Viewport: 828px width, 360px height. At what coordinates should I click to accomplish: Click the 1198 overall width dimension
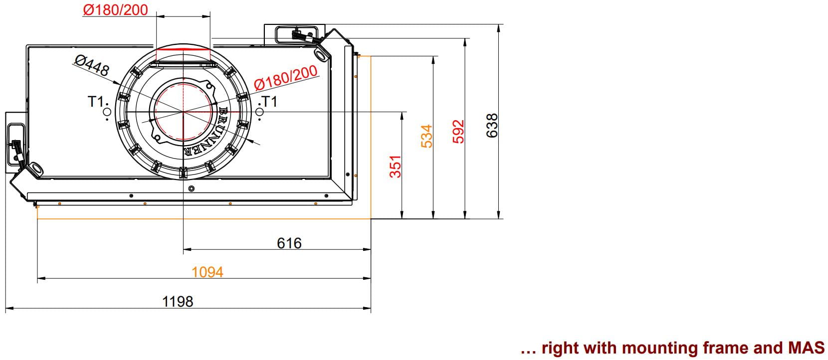click(x=178, y=302)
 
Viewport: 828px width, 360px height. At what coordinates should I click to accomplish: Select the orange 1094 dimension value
click(x=207, y=272)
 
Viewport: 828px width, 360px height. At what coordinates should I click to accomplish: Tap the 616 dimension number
click(x=289, y=243)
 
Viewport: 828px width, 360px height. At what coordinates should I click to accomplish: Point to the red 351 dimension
click(x=396, y=167)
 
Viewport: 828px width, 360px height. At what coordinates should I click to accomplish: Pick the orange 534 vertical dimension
click(x=426, y=136)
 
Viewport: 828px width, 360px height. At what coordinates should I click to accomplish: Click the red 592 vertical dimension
click(x=458, y=131)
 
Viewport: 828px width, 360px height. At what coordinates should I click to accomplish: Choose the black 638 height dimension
click(x=492, y=126)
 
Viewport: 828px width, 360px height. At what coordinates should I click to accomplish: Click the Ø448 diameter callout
click(x=92, y=65)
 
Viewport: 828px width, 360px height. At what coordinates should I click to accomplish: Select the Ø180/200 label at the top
click(x=116, y=10)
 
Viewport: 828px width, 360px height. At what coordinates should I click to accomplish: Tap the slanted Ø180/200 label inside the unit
click(x=286, y=78)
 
